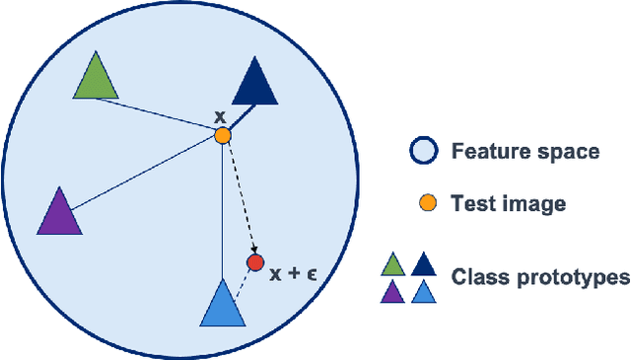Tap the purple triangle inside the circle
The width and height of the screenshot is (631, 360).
(x=59, y=214)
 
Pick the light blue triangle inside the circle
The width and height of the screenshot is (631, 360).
(x=223, y=306)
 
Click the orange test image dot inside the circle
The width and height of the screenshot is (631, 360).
(x=223, y=135)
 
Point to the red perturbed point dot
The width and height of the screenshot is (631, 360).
(x=255, y=262)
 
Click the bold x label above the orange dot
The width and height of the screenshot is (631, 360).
(x=221, y=117)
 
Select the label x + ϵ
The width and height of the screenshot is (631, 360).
(x=292, y=271)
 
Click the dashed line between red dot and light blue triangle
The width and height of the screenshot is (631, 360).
(x=244, y=281)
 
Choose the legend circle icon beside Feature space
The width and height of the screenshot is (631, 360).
(x=424, y=152)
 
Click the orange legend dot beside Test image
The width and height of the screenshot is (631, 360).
(x=425, y=204)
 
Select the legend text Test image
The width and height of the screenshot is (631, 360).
(x=508, y=204)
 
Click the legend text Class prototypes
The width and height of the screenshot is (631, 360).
(x=540, y=277)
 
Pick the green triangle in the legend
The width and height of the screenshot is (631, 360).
(x=393, y=264)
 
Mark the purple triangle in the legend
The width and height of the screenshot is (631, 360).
(x=393, y=293)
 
